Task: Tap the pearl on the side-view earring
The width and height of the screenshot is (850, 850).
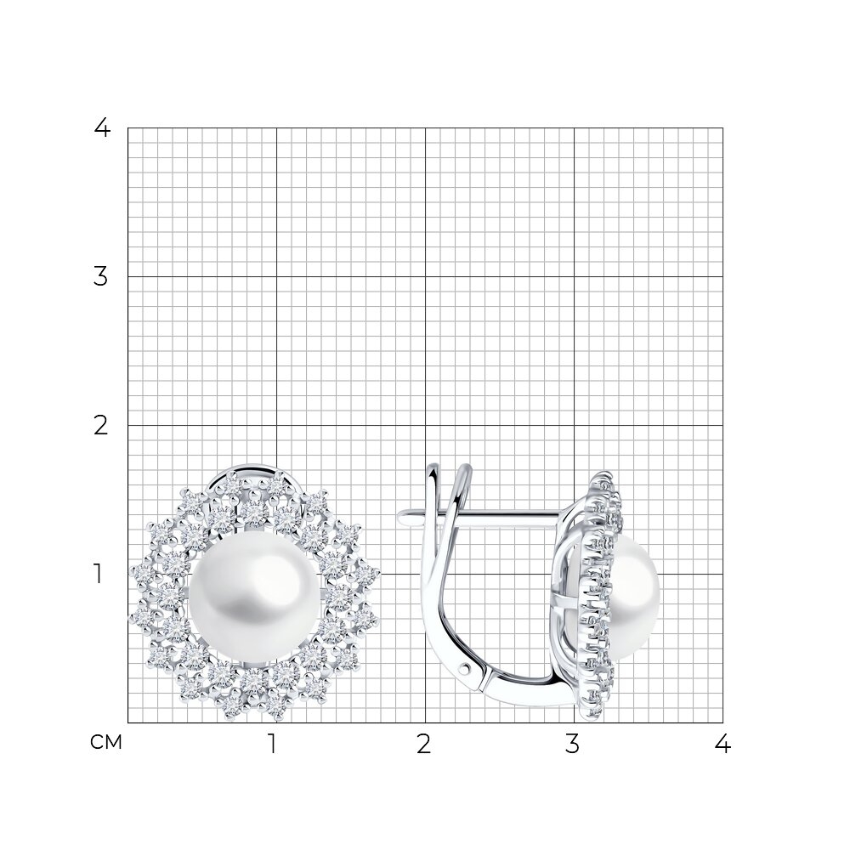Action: coord(635,597)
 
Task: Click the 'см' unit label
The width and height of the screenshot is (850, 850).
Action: coord(106,742)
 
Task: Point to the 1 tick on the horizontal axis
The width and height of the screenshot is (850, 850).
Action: coord(273,744)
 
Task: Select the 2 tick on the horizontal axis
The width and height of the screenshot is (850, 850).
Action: coord(424,744)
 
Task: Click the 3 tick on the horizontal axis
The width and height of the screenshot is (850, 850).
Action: coord(572,744)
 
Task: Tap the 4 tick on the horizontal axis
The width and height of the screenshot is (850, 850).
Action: coord(722,744)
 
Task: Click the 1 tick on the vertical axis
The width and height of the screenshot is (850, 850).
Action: coord(98,574)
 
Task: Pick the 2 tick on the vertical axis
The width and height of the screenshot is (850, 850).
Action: coord(101,426)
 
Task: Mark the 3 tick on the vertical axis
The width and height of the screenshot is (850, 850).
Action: coord(101,276)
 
